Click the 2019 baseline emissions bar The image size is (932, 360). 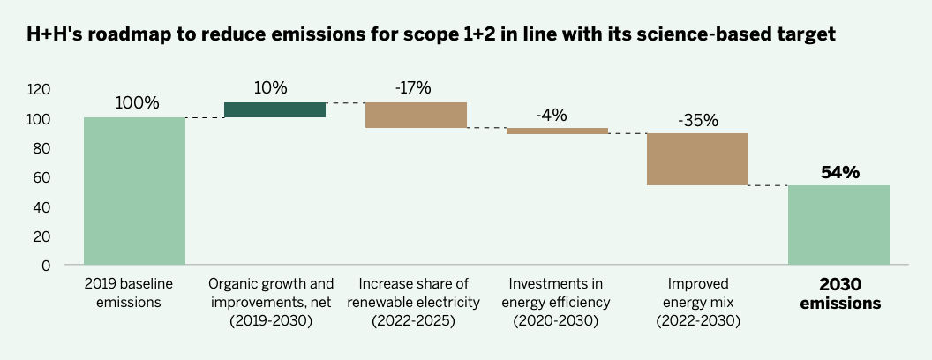tap(134, 191)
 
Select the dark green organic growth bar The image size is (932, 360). tap(274, 110)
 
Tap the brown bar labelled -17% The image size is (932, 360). tap(416, 116)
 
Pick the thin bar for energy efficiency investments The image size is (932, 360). tap(557, 131)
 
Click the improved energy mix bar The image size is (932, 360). tap(697, 159)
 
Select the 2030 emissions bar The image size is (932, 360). tap(838, 225)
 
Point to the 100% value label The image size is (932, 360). tap(137, 103)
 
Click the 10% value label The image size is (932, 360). tap(271, 87)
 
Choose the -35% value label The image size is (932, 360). tap(697, 120)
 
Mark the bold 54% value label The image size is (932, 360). tap(838, 172)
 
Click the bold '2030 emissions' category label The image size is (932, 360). tap(838, 294)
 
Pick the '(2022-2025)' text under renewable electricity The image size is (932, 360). tap(414, 322)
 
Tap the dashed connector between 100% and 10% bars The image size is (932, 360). tap(204, 118)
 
